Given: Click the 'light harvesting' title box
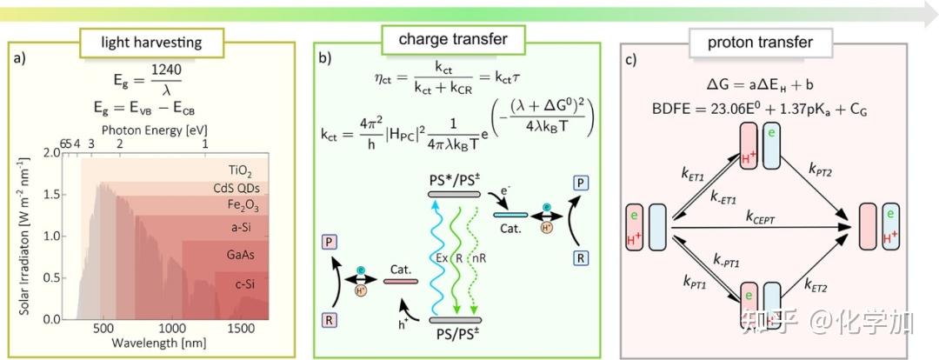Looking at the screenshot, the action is pos(151,43).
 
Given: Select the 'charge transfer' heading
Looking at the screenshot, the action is pos(453,39).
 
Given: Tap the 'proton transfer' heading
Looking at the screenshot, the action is pos(760,43).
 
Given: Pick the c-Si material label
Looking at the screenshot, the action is pos(247,283).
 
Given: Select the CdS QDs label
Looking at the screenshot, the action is pos(242,188).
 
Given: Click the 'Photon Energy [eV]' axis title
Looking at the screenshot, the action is pos(155,130).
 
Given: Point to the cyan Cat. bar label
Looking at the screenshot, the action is pos(509,228).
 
